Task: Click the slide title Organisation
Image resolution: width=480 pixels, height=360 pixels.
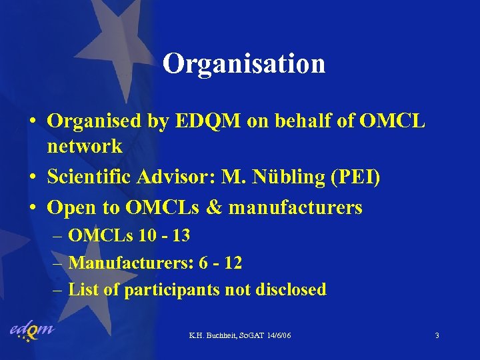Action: click(x=244, y=64)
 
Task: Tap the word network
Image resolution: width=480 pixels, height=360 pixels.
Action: click(x=84, y=145)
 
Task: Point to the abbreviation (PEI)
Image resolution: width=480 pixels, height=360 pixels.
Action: click(x=359, y=178)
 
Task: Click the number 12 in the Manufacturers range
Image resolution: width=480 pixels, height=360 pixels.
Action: click(x=233, y=263)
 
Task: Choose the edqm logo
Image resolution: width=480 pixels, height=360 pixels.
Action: click(x=31, y=331)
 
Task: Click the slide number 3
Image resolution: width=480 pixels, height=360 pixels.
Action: click(x=437, y=335)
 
